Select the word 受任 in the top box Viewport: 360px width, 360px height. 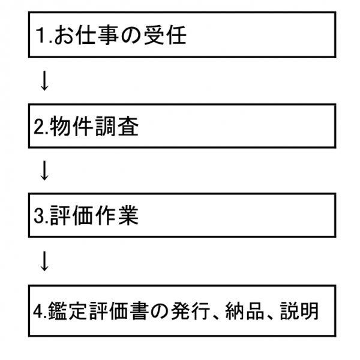165,35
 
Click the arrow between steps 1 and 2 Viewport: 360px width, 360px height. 44,80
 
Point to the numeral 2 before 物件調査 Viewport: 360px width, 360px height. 39,127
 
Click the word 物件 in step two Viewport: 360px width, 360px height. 71,126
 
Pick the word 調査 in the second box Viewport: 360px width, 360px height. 116,126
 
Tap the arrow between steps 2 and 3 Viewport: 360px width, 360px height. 44,170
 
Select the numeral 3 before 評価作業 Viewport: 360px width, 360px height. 39,215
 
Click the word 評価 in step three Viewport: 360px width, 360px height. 71,215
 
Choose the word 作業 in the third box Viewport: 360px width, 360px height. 116,215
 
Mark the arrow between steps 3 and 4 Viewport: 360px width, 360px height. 44,262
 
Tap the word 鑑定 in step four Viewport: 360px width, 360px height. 67,311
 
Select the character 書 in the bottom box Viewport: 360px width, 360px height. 138,311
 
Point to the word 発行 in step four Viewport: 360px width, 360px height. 190,311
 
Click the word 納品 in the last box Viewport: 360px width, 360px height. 245,311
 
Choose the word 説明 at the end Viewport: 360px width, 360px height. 299,311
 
